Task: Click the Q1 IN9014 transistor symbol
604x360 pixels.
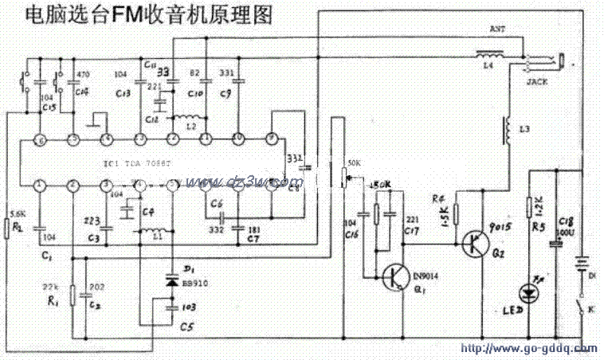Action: [394, 277]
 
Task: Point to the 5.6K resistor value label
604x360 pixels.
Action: [15, 213]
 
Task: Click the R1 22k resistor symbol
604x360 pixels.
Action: [72, 295]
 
